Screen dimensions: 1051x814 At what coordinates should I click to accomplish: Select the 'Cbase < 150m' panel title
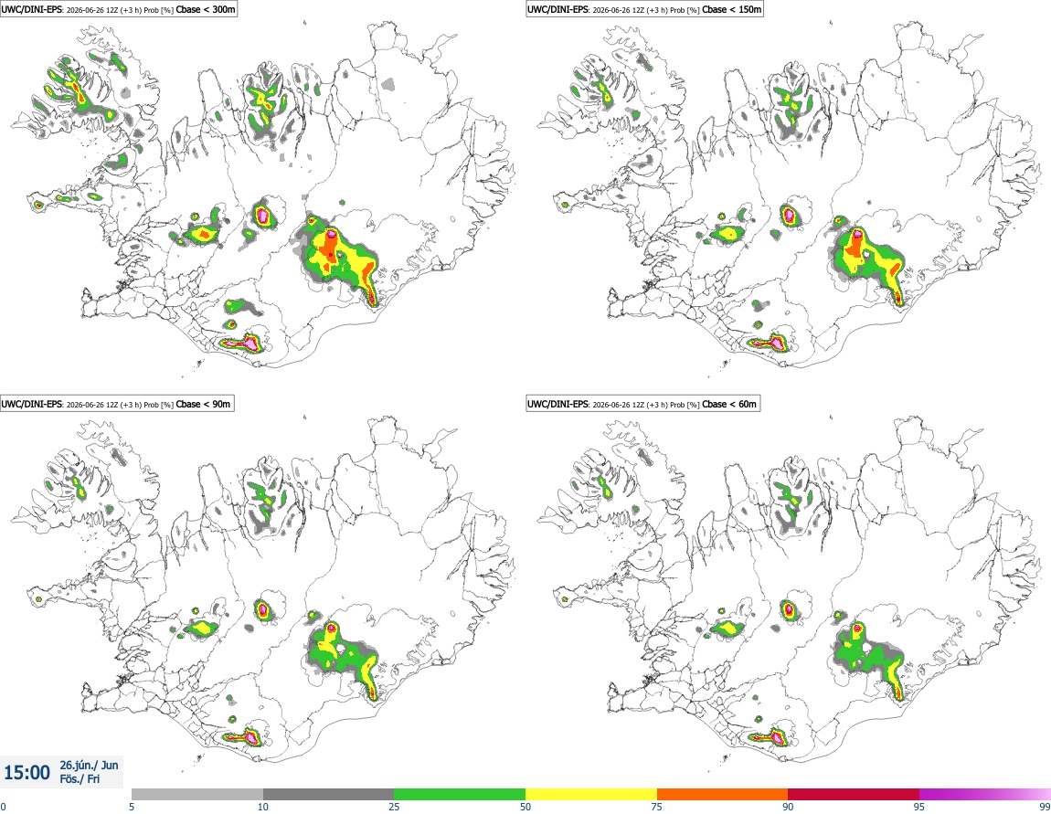click(x=732, y=9)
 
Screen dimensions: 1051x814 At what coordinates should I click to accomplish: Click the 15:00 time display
click(x=27, y=773)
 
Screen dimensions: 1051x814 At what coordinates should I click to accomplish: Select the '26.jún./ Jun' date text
click(x=90, y=765)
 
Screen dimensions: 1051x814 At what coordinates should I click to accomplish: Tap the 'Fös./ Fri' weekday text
click(x=80, y=779)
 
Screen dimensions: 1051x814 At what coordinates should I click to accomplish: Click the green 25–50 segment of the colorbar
click(x=460, y=794)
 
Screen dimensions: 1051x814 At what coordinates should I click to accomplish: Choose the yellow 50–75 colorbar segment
click(x=591, y=794)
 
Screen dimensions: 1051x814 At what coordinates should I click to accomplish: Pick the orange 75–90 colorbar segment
click(x=723, y=794)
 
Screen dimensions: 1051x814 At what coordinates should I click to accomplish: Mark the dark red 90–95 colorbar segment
click(x=854, y=794)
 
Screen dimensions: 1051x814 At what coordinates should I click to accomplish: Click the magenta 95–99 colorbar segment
click(x=984, y=794)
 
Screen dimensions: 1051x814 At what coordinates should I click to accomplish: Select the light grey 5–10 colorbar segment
click(x=197, y=794)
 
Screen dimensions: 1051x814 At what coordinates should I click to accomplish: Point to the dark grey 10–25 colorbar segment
click(x=328, y=794)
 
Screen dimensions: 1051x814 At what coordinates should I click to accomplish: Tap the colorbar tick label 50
click(x=525, y=807)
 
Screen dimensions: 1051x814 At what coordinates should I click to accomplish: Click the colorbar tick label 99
click(x=1045, y=807)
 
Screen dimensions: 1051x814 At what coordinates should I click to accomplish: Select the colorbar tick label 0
click(x=4, y=807)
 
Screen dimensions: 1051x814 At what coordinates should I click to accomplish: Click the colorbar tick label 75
click(x=657, y=807)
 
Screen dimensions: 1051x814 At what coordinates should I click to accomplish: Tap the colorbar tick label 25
click(x=394, y=807)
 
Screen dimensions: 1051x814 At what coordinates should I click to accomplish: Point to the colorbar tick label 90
click(x=788, y=807)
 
